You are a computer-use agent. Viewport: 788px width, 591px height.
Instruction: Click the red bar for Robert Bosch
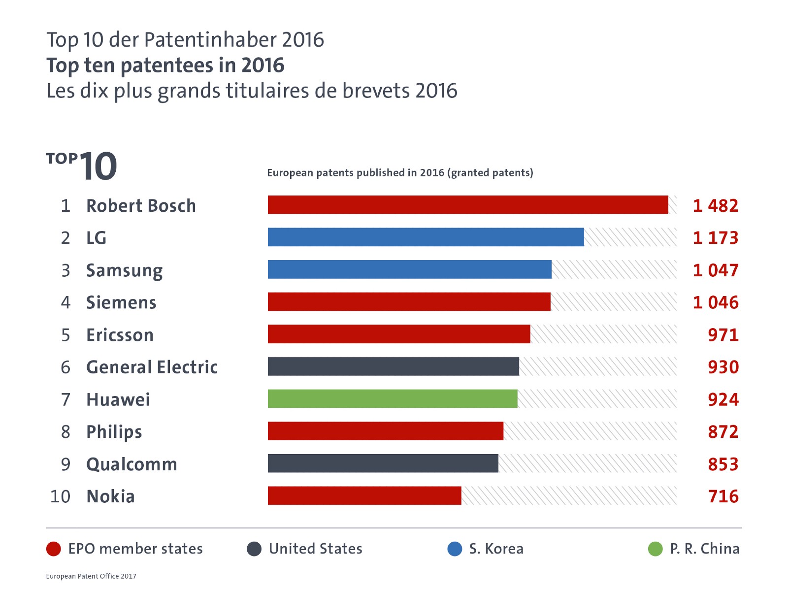468,205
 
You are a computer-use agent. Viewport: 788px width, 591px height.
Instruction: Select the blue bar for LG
426,237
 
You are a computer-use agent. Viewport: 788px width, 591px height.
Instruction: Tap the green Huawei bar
393,399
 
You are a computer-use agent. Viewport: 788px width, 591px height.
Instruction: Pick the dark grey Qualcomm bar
383,463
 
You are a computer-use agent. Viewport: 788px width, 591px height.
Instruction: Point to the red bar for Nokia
364,495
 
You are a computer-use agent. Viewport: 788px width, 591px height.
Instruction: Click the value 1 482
715,206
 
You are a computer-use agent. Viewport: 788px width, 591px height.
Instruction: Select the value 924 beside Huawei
723,399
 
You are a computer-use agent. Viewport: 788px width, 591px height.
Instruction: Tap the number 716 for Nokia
723,496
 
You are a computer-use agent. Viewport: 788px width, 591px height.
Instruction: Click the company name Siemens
121,302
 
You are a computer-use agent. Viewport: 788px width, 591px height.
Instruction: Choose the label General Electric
152,367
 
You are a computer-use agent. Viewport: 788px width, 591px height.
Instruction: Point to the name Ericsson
120,335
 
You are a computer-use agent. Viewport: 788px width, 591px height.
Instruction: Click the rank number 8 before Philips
66,432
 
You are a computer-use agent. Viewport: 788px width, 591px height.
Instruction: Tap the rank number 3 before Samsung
66,270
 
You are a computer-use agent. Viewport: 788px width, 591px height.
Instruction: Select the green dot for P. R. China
656,549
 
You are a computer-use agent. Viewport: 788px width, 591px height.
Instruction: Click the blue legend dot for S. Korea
455,549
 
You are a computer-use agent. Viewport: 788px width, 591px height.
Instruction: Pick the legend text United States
315,549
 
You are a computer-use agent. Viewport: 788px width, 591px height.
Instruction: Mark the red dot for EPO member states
53,549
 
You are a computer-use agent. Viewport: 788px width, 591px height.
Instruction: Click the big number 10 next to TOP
98,166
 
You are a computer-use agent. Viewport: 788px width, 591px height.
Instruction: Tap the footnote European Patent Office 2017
91,576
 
